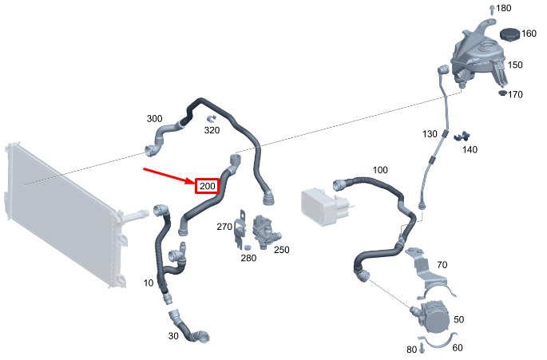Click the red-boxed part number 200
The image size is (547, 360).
207,186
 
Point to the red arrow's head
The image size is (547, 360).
194,182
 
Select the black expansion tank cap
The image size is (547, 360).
510,34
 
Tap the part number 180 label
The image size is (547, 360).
504,8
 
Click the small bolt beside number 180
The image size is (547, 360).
492,9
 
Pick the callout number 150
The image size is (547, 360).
515,65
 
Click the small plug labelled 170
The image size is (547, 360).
502,93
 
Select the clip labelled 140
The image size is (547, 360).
462,136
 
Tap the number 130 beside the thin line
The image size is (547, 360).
430,134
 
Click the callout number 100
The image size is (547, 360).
380,170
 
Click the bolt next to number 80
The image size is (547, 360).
422,347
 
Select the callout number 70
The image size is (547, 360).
442,265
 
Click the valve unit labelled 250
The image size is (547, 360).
266,231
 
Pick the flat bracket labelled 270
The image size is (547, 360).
240,229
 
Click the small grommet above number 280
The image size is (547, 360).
248,247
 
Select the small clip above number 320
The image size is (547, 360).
211,118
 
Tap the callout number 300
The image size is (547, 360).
154,119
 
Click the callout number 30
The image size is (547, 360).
173,336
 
